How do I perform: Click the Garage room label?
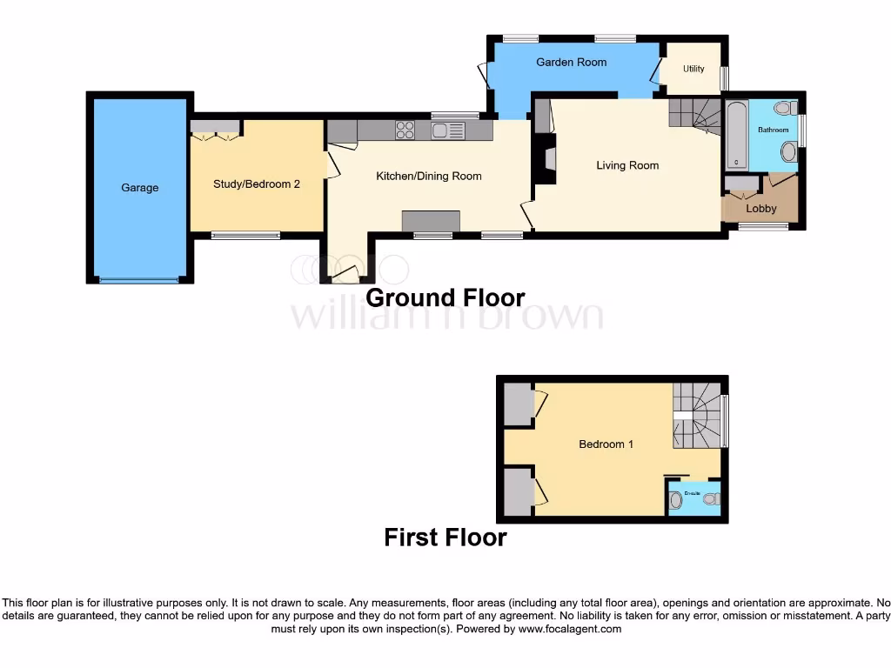pos(139,188)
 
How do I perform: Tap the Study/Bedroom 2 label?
pos(257,184)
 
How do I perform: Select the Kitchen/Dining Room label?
pos(428,177)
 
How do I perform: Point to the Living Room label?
pos(627,165)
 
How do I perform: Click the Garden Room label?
pos(571,63)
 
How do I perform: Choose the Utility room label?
pos(693,70)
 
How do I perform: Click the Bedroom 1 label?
pos(606,444)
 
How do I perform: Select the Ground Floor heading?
pos(445,297)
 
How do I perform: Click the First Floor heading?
pos(445,538)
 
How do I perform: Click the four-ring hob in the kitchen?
pos(405,130)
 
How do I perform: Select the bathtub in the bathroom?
pos(736,135)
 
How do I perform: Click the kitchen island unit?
pos(431,221)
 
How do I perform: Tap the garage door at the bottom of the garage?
pos(139,280)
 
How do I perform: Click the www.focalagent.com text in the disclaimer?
pos(570,629)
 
